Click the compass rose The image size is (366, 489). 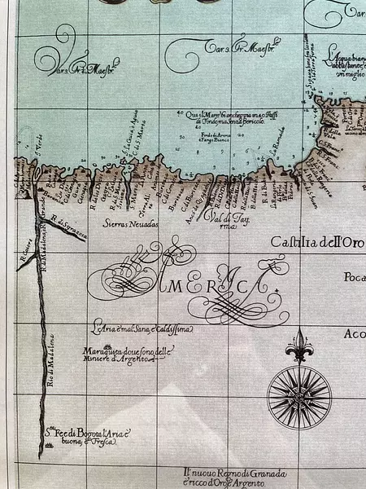coord(298,397)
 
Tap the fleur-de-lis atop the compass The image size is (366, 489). coord(298,346)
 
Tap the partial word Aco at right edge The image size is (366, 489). coord(355,334)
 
